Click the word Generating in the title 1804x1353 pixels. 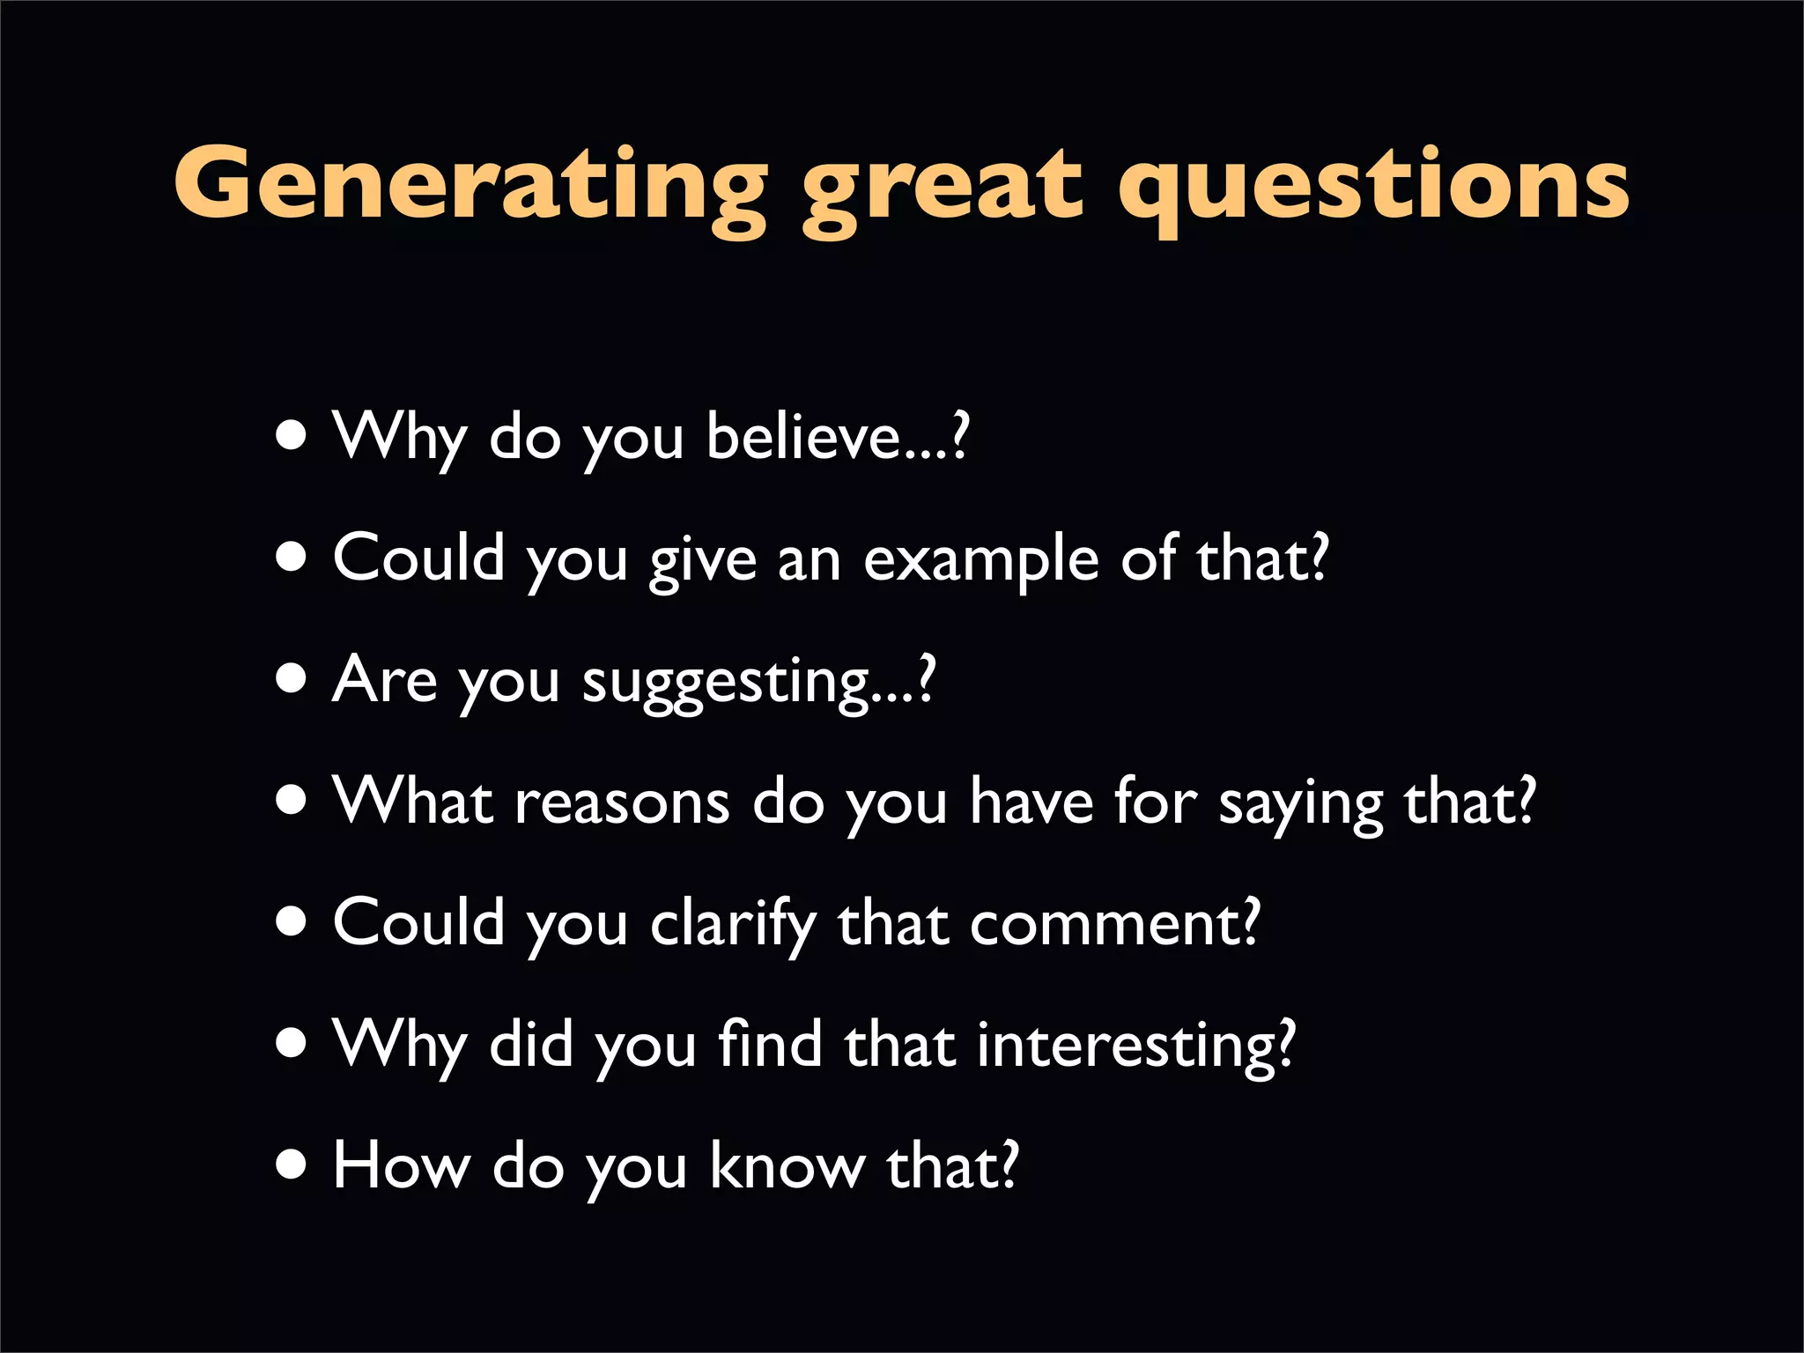pos(470,184)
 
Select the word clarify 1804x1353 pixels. pos(733,925)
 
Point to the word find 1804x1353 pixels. pos(770,1044)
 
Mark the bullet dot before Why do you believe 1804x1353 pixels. pos(292,435)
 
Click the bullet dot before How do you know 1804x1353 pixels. pos(292,1165)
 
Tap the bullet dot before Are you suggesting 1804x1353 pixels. pos(292,679)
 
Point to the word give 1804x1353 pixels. pos(703,562)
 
